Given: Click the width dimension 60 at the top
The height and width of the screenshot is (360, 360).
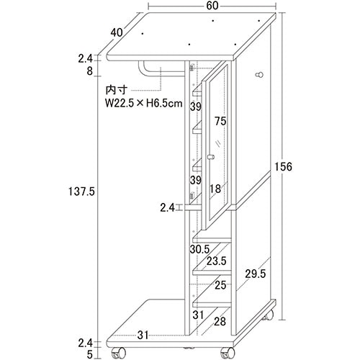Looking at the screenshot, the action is [x=212, y=6].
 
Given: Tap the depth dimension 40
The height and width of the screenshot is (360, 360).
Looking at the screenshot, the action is [x=117, y=32].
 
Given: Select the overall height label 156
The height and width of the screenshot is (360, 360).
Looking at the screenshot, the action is [x=283, y=166].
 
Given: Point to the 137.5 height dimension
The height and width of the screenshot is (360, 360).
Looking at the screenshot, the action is [x=81, y=192].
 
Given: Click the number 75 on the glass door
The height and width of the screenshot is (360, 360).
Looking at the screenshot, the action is [x=220, y=121].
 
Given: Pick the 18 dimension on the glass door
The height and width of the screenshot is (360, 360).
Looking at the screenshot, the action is [x=215, y=189].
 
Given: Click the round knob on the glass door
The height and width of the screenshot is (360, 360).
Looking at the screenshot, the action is [x=211, y=157].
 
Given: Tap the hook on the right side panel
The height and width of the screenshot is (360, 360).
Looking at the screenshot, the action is [x=259, y=75].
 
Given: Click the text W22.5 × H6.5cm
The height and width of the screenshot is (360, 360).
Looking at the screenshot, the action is [x=144, y=104].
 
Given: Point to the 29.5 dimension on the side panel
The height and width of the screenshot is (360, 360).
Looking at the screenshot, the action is [x=256, y=274].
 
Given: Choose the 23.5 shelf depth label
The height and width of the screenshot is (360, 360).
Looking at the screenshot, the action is [x=217, y=261].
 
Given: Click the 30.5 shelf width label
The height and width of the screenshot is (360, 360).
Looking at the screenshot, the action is [x=199, y=249].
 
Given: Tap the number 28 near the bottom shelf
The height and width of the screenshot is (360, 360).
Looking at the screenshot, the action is [x=220, y=322].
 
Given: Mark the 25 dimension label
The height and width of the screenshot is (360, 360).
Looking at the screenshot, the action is [x=220, y=285].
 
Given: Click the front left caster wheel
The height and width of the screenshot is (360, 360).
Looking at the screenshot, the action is [x=119, y=353].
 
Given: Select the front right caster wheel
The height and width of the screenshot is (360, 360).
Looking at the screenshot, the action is [x=227, y=353].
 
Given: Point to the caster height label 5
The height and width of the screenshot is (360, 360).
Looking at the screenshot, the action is [x=89, y=354].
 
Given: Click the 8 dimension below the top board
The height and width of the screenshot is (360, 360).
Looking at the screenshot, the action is [x=89, y=71].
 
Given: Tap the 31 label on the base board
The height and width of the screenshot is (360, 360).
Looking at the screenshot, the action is [x=143, y=336].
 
